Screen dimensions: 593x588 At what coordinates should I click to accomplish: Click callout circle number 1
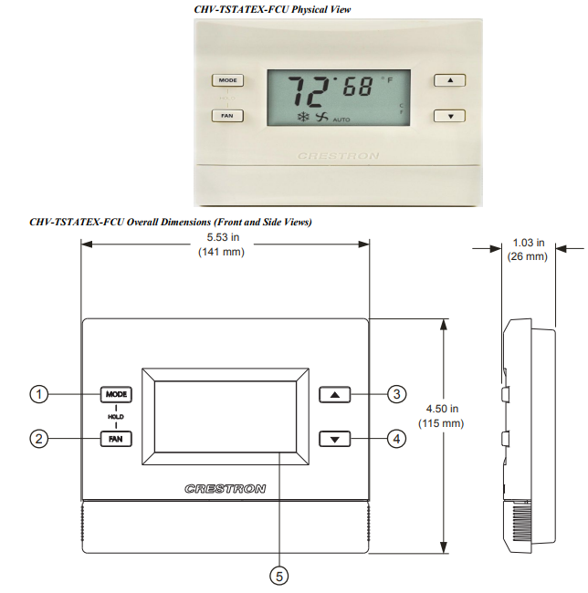(x=38, y=394)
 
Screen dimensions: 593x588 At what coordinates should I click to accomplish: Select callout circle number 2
(x=38, y=439)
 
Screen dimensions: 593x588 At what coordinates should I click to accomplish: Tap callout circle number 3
(x=395, y=394)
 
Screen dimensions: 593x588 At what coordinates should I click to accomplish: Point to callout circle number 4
(x=395, y=439)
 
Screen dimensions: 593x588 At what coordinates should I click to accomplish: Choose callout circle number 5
(x=279, y=575)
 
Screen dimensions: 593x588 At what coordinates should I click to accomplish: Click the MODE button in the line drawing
(x=116, y=394)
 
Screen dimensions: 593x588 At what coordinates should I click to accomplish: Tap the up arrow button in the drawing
(x=335, y=395)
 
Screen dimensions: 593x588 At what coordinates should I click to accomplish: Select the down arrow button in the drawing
(x=335, y=439)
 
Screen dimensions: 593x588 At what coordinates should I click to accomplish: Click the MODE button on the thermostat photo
(x=227, y=80)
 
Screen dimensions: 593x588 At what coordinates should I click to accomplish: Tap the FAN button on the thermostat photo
(x=227, y=116)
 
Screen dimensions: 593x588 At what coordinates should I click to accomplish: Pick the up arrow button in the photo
(x=449, y=80)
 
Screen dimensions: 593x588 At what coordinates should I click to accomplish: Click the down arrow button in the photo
(x=449, y=116)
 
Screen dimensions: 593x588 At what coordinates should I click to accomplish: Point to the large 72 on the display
(x=310, y=92)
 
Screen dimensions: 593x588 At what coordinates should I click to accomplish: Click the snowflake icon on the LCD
(x=302, y=118)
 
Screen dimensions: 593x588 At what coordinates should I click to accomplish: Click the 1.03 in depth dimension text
(x=527, y=243)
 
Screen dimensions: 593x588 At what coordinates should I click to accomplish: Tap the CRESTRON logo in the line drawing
(x=226, y=489)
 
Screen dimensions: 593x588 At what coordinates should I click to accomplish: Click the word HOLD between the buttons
(x=116, y=416)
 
